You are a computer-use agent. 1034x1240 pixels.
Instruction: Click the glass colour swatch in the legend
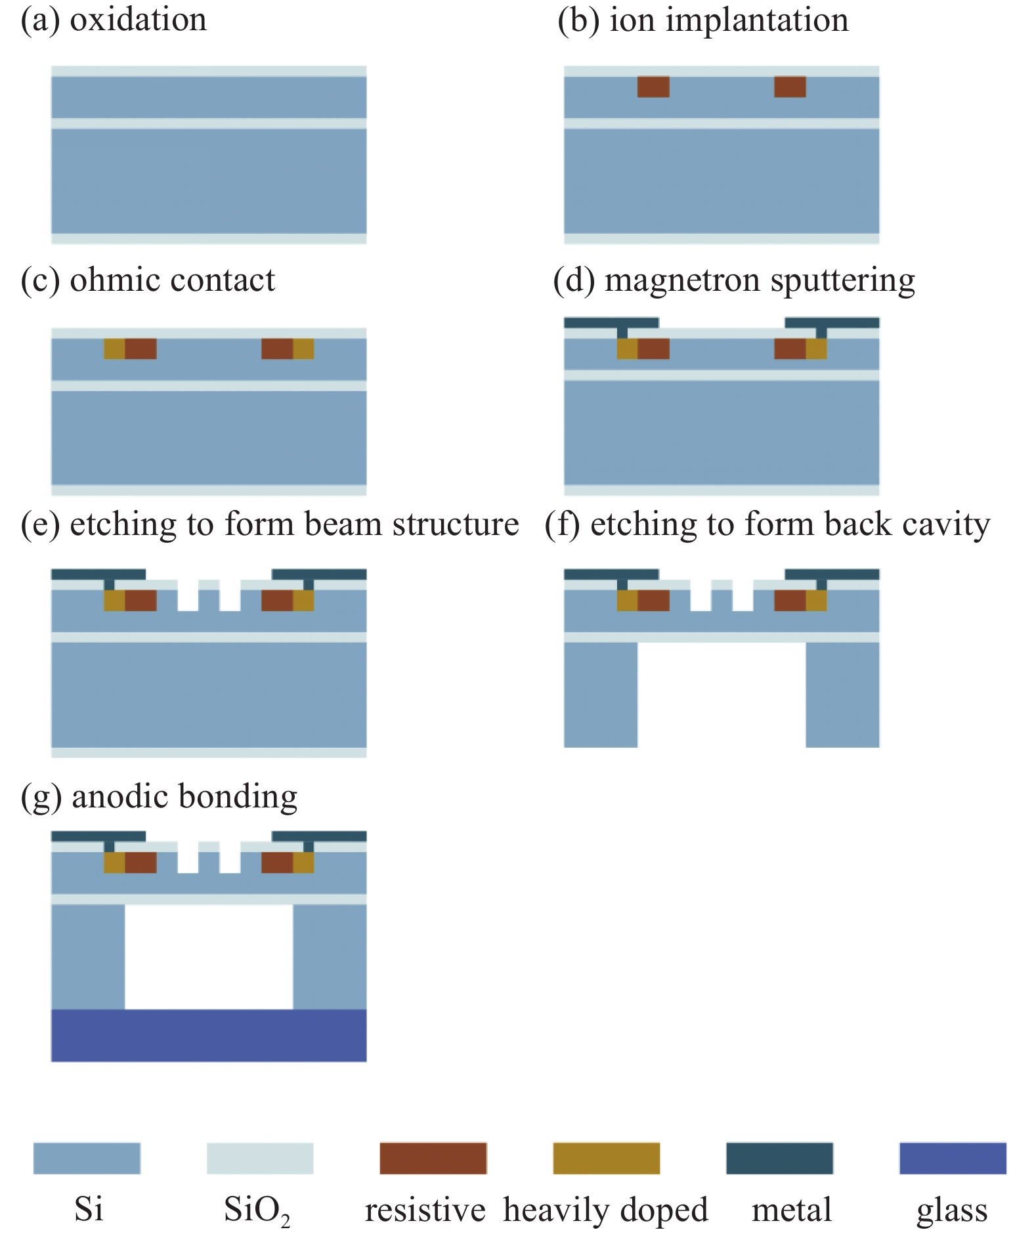click(953, 1158)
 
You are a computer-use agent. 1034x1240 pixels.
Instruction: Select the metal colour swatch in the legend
click(779, 1158)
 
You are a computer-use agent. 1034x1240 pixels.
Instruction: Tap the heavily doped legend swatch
click(606, 1158)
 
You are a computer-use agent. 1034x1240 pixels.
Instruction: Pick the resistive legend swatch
click(433, 1158)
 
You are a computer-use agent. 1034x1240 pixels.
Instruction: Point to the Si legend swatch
click(87, 1158)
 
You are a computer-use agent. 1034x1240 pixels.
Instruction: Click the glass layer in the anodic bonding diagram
click(209, 1035)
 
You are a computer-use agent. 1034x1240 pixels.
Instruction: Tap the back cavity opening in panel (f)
click(722, 695)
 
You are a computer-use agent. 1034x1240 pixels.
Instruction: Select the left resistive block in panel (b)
click(653, 87)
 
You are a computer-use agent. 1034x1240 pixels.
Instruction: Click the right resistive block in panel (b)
click(790, 87)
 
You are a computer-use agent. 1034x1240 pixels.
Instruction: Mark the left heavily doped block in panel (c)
click(114, 349)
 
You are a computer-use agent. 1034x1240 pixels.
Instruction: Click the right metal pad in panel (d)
click(832, 323)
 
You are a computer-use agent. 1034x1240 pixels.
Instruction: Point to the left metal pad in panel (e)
click(98, 574)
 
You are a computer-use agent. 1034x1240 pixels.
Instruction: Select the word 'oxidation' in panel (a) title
click(138, 20)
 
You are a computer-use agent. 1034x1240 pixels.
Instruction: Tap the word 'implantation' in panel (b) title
click(757, 21)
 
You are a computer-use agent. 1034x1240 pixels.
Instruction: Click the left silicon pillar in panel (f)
click(601, 695)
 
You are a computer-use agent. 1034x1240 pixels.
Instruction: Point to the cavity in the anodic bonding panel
click(209, 956)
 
